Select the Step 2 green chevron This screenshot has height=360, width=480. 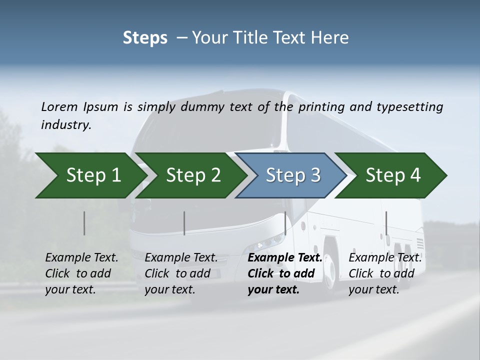[x=192, y=175]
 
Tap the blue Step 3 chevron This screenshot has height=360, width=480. [x=292, y=175]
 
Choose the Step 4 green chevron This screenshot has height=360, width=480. [x=392, y=175]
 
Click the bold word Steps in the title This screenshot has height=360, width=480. [x=145, y=38]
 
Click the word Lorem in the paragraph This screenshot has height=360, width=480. [x=59, y=107]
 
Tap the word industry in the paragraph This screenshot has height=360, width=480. [x=65, y=124]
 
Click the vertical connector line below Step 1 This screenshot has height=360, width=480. [x=84, y=223]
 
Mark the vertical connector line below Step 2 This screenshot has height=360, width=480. [x=184, y=223]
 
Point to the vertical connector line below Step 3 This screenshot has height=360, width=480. [x=285, y=223]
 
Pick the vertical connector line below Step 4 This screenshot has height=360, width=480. [x=386, y=223]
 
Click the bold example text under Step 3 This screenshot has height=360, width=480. [x=285, y=273]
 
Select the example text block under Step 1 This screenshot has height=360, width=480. [x=81, y=273]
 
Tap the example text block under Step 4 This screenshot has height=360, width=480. [x=385, y=273]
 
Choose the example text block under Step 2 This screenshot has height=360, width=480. [x=181, y=273]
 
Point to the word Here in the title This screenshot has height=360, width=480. [x=332, y=38]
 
